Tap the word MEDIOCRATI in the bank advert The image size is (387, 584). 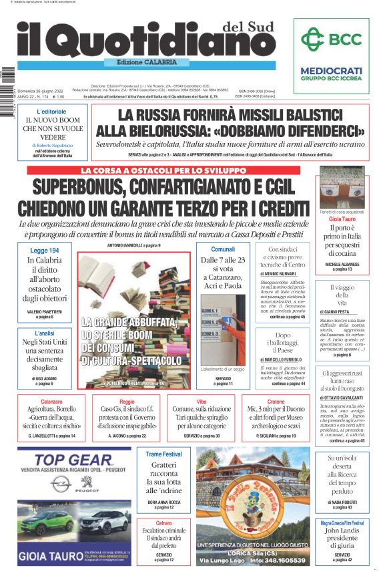pyautogui.click(x=331, y=70)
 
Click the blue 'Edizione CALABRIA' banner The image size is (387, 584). pyautogui.click(x=147, y=63)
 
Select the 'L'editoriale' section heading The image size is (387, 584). pyautogui.click(x=51, y=111)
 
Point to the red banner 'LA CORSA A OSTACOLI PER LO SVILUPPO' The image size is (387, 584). pyautogui.click(x=169, y=170)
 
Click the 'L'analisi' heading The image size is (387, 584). pyautogui.click(x=44, y=332)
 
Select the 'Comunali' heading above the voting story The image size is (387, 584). pyautogui.click(x=222, y=249)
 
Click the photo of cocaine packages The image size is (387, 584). pyautogui.click(x=342, y=188)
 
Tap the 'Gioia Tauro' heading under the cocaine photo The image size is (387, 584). pyautogui.click(x=342, y=218)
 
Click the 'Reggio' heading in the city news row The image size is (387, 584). pyautogui.click(x=127, y=402)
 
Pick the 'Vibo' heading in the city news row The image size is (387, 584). pyautogui.click(x=201, y=402)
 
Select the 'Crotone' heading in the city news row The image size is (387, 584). pyautogui.click(x=275, y=402)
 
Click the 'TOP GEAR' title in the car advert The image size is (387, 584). pyautogui.click(x=73, y=460)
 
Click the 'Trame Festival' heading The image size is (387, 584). pyautogui.click(x=163, y=454)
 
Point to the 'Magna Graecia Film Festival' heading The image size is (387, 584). pyautogui.click(x=342, y=523)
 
